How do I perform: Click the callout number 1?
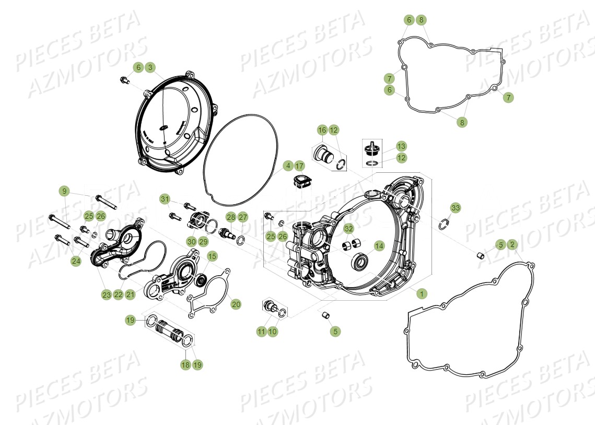tap(421, 294)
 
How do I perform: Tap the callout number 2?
tap(512, 244)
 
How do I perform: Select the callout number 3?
tap(150, 67)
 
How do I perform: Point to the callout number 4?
tap(287, 166)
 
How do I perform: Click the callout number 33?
tap(456, 208)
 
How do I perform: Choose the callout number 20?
tap(236, 304)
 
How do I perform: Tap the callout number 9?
tap(65, 191)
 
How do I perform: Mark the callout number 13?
tap(401, 146)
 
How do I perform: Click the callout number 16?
tap(322, 129)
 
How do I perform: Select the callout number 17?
tap(299, 166)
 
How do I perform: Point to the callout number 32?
tap(348, 229)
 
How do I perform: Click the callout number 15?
tap(212, 256)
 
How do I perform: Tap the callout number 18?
tap(185, 365)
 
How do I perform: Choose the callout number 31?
tap(165, 199)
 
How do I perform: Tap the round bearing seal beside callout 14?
tap(360, 262)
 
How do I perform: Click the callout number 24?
tap(76, 261)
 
